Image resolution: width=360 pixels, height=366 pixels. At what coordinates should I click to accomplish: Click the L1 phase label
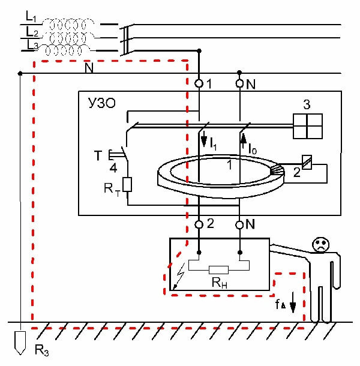pos(32,14)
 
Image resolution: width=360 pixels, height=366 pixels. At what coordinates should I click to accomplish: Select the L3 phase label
pos(32,46)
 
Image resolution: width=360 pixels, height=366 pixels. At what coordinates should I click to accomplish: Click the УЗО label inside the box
pos(99,105)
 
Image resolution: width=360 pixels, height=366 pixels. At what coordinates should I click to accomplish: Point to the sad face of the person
pos(320,244)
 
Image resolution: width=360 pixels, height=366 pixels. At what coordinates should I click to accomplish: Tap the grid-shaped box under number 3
pos(307,127)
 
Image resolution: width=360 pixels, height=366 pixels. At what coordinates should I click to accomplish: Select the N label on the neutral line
pos(89,68)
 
